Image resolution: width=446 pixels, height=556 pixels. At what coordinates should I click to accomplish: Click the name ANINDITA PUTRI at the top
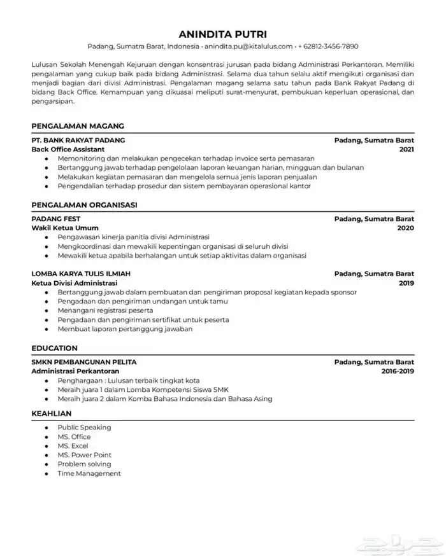click(x=223, y=34)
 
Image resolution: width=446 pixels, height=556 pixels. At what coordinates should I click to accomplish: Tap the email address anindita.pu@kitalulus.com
click(x=248, y=46)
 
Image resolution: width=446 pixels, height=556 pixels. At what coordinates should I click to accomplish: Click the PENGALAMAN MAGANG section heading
click(x=77, y=126)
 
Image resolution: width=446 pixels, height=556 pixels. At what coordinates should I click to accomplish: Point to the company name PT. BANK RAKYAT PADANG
click(x=78, y=140)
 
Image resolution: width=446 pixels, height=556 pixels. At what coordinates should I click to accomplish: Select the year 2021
click(x=406, y=149)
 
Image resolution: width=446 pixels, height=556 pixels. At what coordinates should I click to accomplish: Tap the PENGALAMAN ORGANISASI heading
click(x=84, y=205)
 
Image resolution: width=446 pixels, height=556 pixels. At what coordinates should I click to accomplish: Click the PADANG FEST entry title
click(x=55, y=219)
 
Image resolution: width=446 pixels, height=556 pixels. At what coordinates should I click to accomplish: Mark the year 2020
click(x=405, y=228)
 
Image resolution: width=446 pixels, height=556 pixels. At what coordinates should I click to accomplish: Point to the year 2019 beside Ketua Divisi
click(x=406, y=282)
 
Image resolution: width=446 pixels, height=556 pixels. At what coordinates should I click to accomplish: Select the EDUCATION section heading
click(x=54, y=348)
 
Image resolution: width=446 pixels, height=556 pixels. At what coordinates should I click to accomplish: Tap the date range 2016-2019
click(x=398, y=371)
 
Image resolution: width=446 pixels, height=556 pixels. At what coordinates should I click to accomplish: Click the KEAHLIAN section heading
click(x=52, y=414)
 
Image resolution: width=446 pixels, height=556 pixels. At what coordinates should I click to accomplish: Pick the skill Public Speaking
click(x=84, y=427)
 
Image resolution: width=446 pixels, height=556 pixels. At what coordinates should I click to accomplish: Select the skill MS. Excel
click(x=73, y=446)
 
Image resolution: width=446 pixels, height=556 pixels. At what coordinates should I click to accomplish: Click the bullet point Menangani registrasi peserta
click(x=102, y=310)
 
